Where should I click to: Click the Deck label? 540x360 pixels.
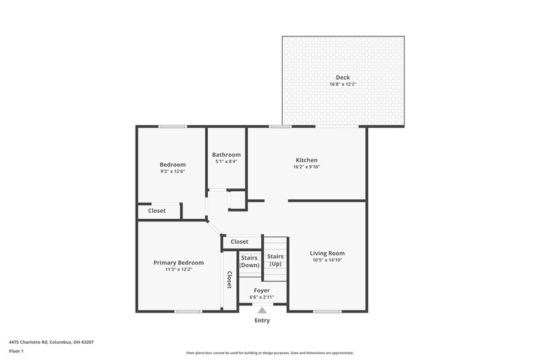point(343,77)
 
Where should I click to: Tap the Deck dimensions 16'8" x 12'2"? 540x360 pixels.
point(343,84)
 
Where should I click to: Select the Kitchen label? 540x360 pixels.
point(306,160)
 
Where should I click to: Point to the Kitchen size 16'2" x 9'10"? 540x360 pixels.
point(306,167)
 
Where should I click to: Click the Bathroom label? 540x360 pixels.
point(226,155)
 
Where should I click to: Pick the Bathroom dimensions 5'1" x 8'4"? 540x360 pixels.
point(226,161)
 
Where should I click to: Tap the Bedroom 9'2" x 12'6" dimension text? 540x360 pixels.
point(172,172)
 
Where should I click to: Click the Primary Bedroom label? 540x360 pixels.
point(178,263)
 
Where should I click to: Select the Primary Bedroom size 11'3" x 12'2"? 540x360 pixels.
point(178,269)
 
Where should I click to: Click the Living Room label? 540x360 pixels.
point(327,253)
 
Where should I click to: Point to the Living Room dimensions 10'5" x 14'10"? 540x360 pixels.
point(327,260)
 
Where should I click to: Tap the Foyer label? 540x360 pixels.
point(262,290)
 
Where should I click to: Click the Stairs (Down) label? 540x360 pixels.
point(250,261)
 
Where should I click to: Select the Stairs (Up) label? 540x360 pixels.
point(275,260)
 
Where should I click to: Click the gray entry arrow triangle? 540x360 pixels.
point(262,310)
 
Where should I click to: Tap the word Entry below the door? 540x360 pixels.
point(262,320)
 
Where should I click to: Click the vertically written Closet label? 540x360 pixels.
point(230,280)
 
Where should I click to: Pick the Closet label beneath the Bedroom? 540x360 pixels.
point(157,211)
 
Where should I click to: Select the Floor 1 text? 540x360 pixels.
point(16,352)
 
